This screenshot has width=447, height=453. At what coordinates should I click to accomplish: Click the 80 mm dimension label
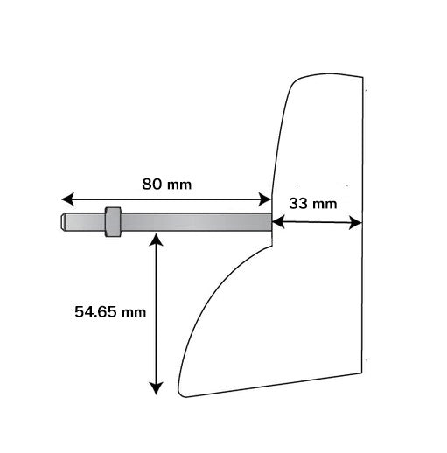[165, 185]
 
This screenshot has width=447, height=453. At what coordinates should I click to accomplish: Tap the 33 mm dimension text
[312, 205]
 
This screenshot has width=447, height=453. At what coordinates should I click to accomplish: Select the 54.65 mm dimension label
[109, 310]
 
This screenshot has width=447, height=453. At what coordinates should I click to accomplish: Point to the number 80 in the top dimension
[152, 185]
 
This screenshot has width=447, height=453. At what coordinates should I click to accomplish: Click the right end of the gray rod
[269, 222]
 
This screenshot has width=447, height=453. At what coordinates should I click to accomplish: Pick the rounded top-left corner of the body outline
[297, 80]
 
